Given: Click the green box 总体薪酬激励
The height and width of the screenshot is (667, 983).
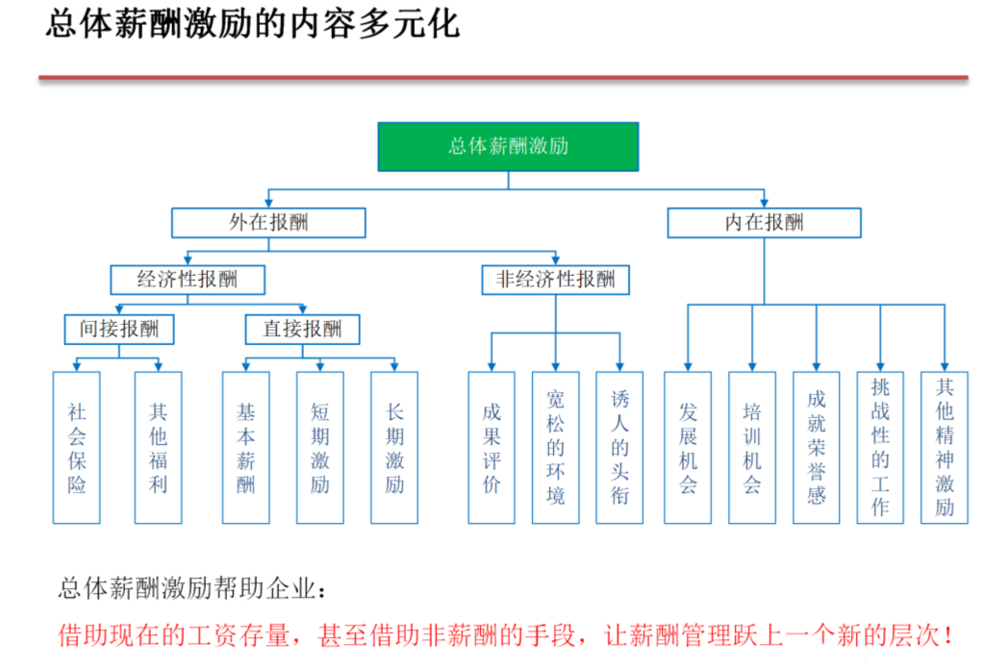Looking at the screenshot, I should pos(508,146).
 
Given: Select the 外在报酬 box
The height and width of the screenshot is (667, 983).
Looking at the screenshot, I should pos(268,223).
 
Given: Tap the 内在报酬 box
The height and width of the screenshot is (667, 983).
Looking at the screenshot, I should pos(765,223).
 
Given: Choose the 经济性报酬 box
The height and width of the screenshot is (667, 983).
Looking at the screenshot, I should pos(188,280).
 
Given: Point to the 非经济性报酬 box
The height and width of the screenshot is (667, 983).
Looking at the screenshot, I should pos(555,280).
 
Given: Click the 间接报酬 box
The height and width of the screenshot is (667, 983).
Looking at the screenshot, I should pos(119,330).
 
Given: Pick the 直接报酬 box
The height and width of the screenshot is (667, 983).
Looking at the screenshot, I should pos(302,330).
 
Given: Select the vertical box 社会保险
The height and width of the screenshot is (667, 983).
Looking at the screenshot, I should pos(77,448).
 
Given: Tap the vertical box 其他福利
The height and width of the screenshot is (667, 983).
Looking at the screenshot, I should pos(158,448).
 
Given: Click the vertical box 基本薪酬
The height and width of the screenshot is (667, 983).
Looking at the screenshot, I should pos(246,448).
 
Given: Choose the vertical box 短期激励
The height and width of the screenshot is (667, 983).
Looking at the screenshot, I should pos(320,448).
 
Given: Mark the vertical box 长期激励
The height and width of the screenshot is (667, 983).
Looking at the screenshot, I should pos(394,448).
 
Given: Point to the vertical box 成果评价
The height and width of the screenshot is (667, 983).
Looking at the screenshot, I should pos(491,448).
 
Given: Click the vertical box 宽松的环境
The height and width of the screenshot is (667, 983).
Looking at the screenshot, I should pos(556,448).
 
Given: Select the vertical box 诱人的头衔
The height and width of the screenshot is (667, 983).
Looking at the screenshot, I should pos(619,448).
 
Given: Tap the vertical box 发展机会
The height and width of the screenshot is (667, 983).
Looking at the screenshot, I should pos(688,448).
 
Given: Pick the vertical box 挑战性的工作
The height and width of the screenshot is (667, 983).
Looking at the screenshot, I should pos(880,448).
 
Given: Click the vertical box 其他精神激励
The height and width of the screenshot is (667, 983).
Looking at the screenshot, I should pos(945,448).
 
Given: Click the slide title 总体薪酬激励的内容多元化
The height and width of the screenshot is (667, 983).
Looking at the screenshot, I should pos(253,25).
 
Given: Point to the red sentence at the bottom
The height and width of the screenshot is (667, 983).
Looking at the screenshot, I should pos(507,635).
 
